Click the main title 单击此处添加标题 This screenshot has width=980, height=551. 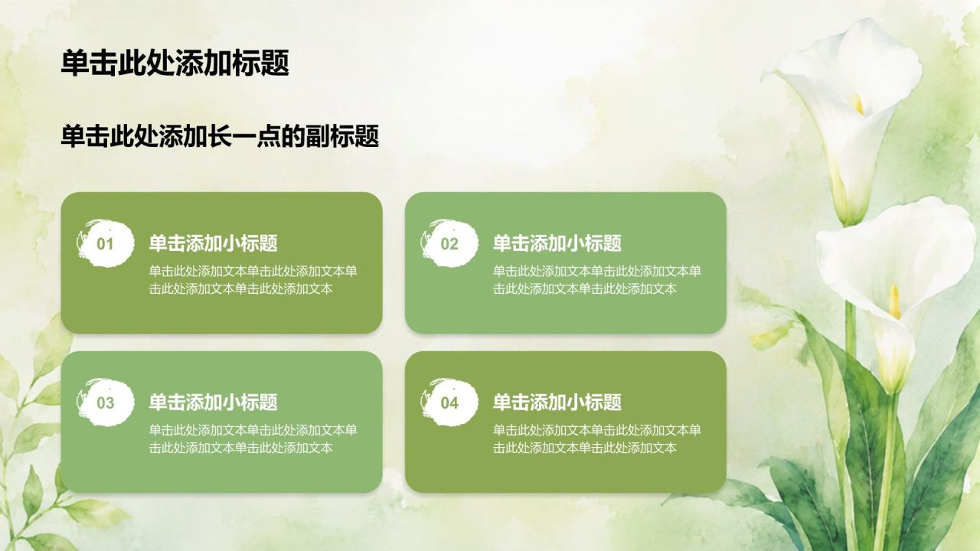(175, 64)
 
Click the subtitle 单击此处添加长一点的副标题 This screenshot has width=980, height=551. (220, 136)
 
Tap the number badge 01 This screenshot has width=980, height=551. (105, 243)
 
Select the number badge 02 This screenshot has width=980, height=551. (449, 243)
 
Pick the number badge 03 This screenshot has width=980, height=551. (105, 403)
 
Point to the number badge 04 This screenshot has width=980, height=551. (449, 403)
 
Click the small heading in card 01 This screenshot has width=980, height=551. (213, 243)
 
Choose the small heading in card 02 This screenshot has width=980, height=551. (557, 243)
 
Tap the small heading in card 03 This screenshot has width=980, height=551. (213, 402)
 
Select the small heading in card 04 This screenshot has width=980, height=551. (557, 402)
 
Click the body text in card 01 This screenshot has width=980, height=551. (253, 280)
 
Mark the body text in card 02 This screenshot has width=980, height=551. (596, 280)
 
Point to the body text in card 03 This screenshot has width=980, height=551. (253, 439)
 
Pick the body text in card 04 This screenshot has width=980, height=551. (596, 439)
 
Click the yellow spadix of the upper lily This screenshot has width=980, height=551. (858, 105)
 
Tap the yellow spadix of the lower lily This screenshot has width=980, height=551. (895, 302)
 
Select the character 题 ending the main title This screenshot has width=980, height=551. (275, 64)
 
